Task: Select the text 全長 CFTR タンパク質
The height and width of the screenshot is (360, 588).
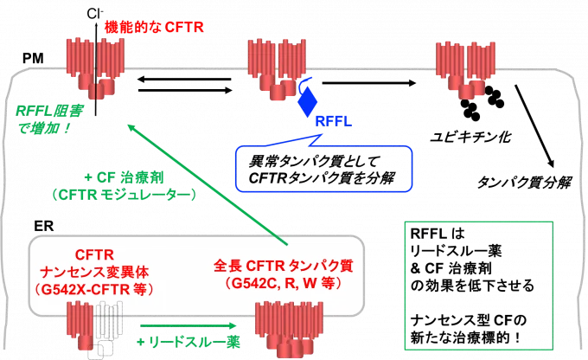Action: point(282,267)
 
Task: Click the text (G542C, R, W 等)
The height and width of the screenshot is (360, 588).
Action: point(282,283)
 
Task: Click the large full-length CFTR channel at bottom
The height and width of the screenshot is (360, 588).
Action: point(284,333)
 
